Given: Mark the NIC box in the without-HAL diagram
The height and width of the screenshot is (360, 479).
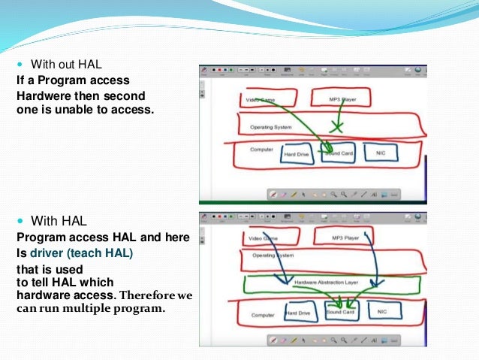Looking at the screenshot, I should tap(380, 153).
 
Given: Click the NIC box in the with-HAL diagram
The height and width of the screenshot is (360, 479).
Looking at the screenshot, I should tap(383, 310).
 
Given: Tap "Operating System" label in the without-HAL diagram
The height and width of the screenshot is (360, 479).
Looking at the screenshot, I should tap(270, 127).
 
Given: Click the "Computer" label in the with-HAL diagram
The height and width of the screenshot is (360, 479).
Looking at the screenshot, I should tap(263, 315).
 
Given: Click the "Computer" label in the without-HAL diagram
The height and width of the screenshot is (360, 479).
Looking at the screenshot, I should tap(261, 149).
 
